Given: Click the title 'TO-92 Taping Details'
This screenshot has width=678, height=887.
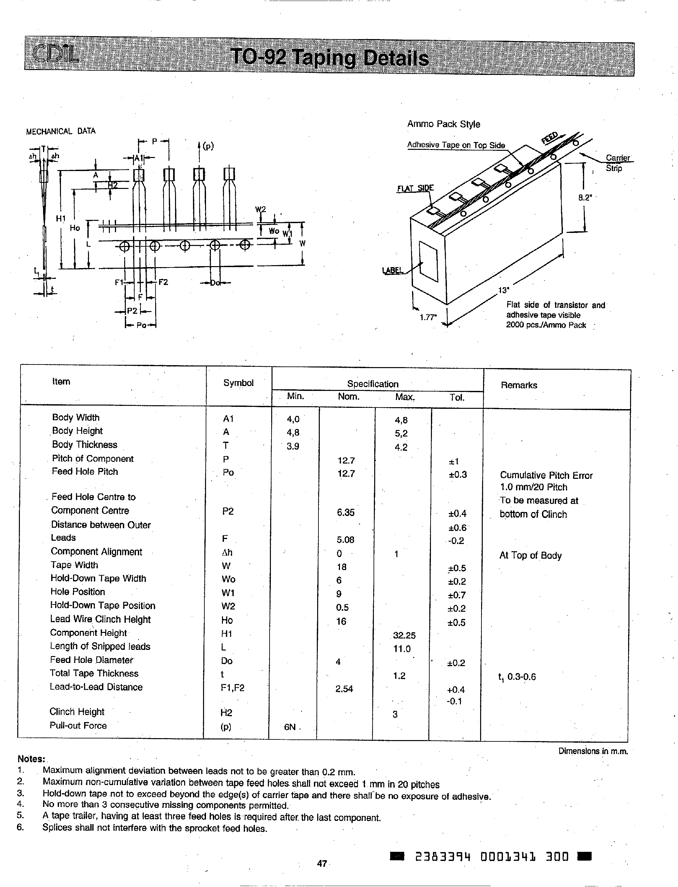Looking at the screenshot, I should tap(329, 58).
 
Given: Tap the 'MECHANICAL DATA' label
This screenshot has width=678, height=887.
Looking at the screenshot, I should tap(61, 131).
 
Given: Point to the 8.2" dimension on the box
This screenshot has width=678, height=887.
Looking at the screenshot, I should tap(584, 197).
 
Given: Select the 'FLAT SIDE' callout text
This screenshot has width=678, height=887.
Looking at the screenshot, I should tap(415, 188).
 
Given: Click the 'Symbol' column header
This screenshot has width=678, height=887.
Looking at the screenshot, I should tap(238, 383).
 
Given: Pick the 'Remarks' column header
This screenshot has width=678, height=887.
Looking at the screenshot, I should tap(519, 385).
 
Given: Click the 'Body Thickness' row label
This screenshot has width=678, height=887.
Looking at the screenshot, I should tap(84, 445).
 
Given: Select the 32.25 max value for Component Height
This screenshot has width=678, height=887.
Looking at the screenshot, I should tap(404, 636).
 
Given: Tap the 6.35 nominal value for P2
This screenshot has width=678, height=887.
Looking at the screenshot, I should tap(346, 512).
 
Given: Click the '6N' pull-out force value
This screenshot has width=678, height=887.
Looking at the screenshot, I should tap(290, 727).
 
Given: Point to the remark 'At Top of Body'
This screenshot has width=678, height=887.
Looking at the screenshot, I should tap(530, 556).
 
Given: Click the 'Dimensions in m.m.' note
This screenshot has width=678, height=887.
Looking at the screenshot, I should tap(593, 751).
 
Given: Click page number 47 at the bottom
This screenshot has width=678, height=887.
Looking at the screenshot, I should tap(322, 863).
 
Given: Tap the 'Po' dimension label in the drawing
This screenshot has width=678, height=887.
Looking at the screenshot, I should tap(141, 325).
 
